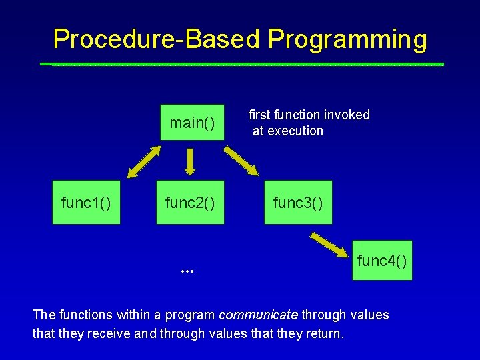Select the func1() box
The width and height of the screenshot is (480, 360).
click(86, 202)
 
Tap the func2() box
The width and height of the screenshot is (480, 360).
click(191, 202)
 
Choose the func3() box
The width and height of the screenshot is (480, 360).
click(298, 202)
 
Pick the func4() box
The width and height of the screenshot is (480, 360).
click(382, 260)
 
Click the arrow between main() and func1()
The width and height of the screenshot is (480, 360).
click(143, 161)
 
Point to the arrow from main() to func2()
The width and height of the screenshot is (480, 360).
click(191, 160)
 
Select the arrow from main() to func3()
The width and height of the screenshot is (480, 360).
click(241, 161)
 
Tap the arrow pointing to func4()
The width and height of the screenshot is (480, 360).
click(331, 244)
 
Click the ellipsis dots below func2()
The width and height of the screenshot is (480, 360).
click(187, 271)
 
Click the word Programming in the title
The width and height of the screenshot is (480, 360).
click(347, 39)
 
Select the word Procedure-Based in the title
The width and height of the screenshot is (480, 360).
click(157, 39)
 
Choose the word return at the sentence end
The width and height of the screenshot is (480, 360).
click(325, 333)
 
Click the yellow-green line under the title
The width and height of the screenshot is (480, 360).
click(241, 65)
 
